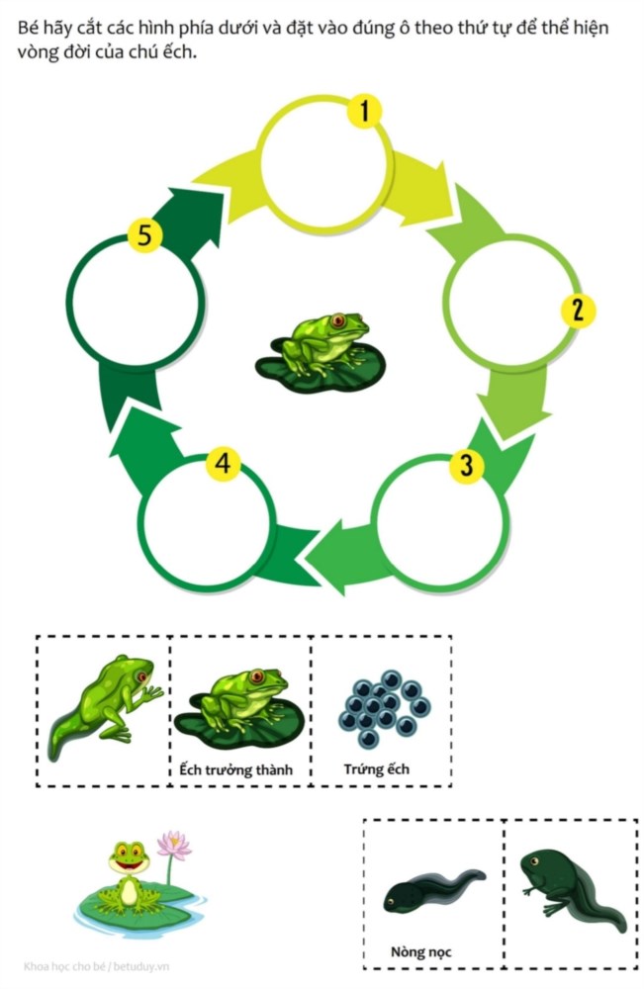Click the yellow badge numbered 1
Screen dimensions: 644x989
coord(364,111)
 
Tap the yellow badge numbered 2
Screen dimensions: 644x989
coord(578,311)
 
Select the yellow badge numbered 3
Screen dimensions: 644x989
coord(466,466)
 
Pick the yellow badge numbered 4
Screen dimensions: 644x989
coord(224,464)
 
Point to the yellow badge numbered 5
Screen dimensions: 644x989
coord(144,236)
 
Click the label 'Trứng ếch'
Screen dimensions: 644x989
coord(377,769)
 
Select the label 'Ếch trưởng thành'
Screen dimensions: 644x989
coord(235,770)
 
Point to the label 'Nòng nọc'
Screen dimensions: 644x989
coord(420,951)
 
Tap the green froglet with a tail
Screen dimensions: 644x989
coord(105,705)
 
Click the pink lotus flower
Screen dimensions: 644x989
coord(174,846)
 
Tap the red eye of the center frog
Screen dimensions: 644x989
coord(338,320)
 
